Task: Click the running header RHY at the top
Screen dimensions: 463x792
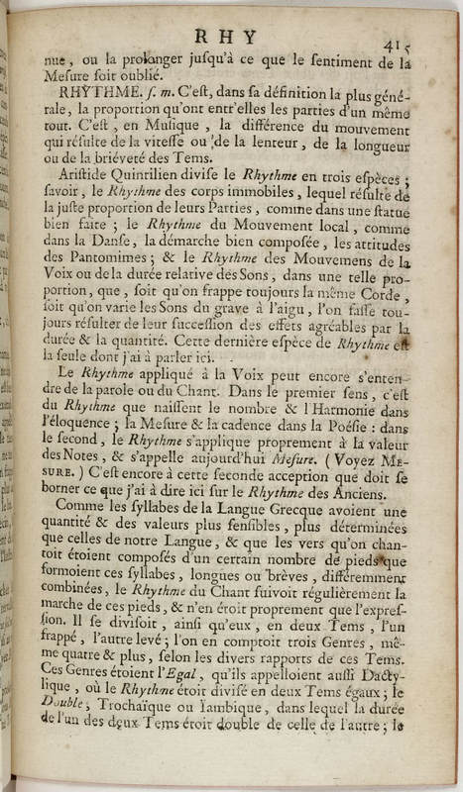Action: [234, 38]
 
